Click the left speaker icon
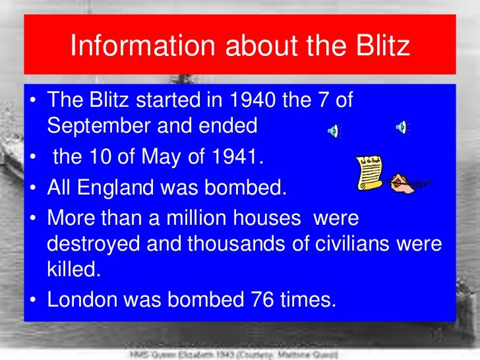(x=333, y=131)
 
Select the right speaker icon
(x=402, y=127)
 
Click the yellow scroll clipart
(x=369, y=173)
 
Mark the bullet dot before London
(x=32, y=301)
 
